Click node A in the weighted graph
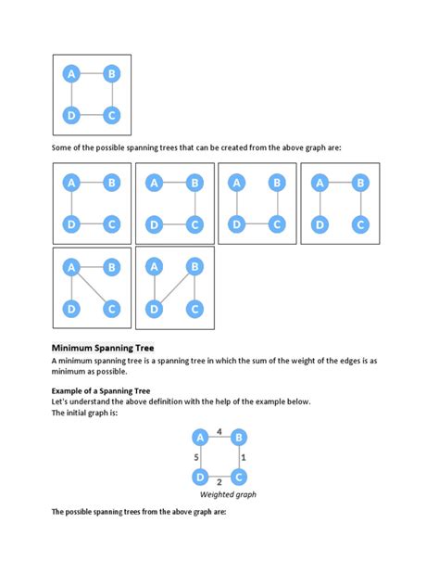tap(199, 438)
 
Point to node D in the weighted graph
tap(199, 477)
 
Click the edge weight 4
tap(219, 430)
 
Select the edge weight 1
tap(243, 458)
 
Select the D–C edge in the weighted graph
tap(219, 477)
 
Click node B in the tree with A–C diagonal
tap(111, 267)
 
